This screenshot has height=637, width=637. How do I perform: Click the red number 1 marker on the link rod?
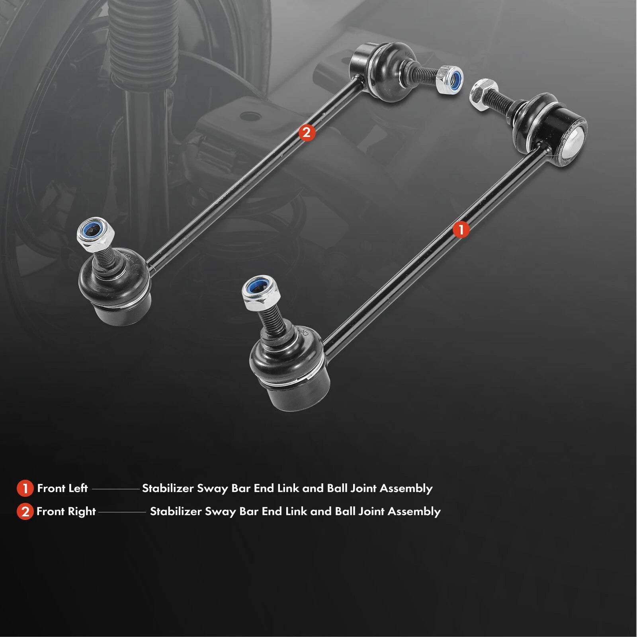tap(461, 230)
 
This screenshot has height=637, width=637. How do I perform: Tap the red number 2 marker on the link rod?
tap(307, 133)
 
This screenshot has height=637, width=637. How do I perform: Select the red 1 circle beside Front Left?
tap(25, 489)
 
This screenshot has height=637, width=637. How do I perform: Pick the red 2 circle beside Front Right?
tap(25, 512)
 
